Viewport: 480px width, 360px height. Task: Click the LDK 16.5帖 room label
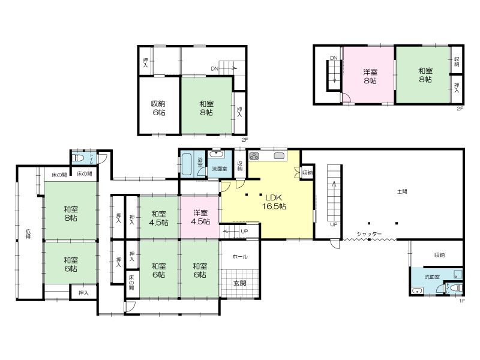tap(274, 202)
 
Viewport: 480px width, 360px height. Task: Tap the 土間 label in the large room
tap(402, 192)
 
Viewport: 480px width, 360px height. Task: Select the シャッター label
tap(369, 234)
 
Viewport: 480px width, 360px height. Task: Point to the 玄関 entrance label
tap(239, 283)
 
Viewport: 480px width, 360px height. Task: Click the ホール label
tap(240, 257)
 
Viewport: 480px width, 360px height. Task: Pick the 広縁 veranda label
tap(28, 233)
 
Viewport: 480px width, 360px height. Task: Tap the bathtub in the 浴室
tap(187, 164)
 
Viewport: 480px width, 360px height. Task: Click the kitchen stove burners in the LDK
tap(254, 156)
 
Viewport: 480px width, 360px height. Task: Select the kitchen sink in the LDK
tap(279, 156)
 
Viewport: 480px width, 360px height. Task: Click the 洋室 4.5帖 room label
tap(200, 217)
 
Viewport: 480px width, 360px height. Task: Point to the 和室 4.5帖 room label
tap(158, 218)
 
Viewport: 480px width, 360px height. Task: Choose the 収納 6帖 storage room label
tap(158, 108)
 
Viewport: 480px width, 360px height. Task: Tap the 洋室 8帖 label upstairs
tap(370, 76)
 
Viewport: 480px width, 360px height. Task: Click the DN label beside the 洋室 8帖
tap(334, 58)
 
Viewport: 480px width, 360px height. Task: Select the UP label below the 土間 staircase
tap(334, 224)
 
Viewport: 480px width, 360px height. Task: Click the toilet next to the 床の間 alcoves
tap(79, 158)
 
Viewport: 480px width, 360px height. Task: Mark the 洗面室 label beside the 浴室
tap(220, 169)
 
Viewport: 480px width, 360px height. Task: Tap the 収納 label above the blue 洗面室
tap(440, 254)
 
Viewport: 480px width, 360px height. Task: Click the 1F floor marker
tap(462, 301)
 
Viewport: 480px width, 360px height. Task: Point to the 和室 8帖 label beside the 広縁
tap(71, 214)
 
